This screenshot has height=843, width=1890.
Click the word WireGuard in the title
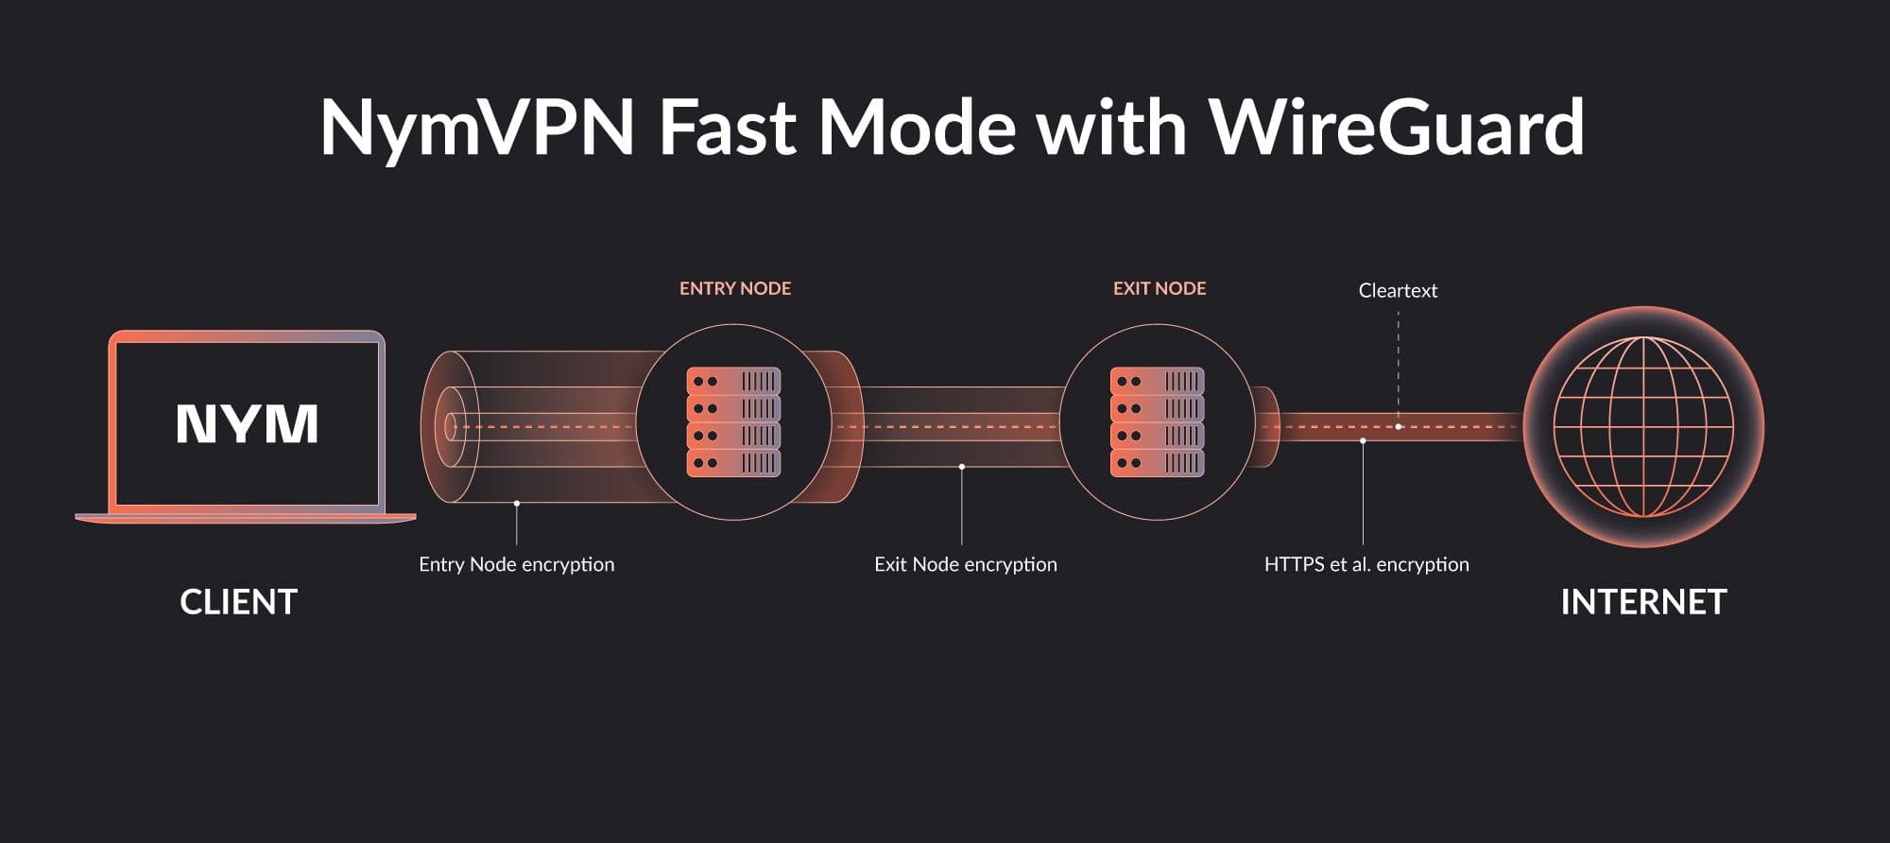pos(1397,128)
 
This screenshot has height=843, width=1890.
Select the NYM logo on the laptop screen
pos(247,423)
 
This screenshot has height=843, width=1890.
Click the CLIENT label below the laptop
pos(238,602)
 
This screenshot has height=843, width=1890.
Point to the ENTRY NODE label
pos(735,288)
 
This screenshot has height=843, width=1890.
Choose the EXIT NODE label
pos(1160,288)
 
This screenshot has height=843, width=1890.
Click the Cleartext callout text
pos(1398,290)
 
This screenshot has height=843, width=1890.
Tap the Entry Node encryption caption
pos(516,564)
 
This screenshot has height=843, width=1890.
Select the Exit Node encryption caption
pos(965,564)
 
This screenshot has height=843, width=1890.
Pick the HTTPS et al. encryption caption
pos(1366,564)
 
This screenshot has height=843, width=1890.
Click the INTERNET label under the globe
pos(1643,602)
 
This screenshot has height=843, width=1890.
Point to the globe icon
pos(1643,426)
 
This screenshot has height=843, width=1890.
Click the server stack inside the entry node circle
pos(733,421)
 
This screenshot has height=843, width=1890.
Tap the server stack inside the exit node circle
pos(1157,421)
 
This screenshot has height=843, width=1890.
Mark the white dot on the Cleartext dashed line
pos(1399,426)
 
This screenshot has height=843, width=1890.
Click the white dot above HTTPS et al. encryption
pos(1363,441)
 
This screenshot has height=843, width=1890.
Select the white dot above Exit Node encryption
pos(962,467)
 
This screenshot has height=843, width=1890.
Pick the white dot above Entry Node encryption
pos(517,503)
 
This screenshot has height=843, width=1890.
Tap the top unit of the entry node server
pos(733,381)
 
